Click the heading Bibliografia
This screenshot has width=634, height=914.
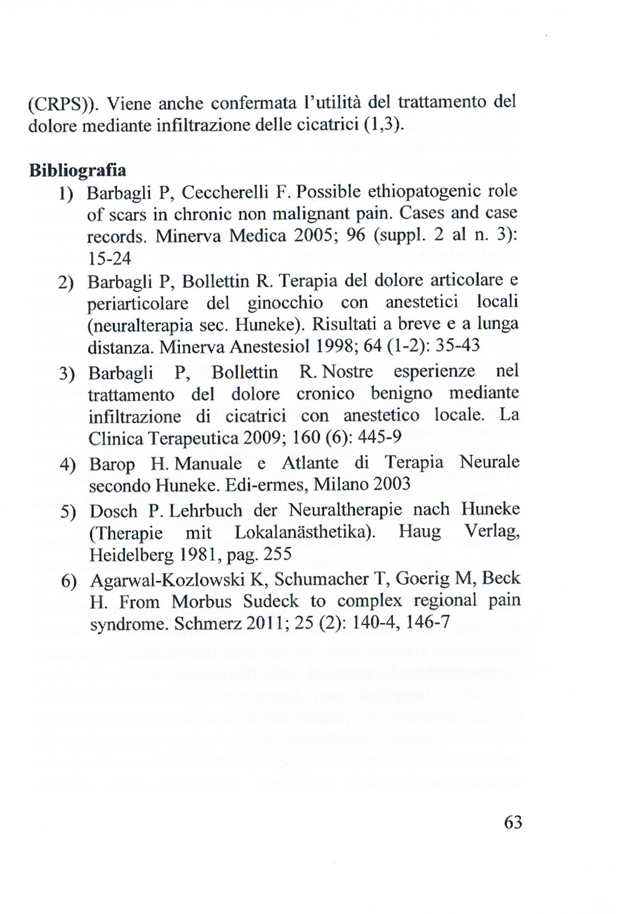pyautogui.click(x=77, y=171)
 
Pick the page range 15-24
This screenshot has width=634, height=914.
pyautogui.click(x=109, y=259)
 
